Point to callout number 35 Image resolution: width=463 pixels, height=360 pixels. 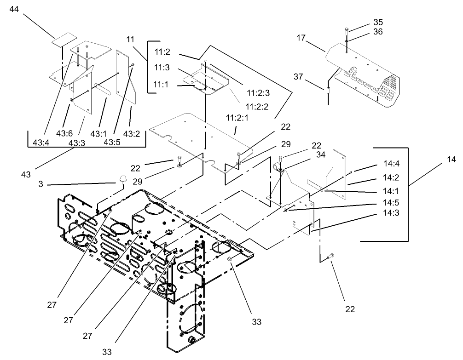pyautogui.click(x=377, y=22)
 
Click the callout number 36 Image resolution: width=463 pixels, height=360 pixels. pyautogui.click(x=377, y=32)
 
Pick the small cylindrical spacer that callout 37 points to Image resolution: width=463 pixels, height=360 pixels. pyautogui.click(x=328, y=90)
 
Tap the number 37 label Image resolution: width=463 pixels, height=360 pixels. pyautogui.click(x=298, y=76)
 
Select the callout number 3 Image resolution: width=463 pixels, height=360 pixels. pyautogui.click(x=41, y=184)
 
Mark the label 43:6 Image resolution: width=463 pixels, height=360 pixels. pyautogui.click(x=64, y=134)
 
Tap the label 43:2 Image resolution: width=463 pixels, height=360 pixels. pyautogui.click(x=132, y=134)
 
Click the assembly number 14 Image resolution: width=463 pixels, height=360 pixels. pyautogui.click(x=451, y=160)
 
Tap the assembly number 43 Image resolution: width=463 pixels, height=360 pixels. pyautogui.click(x=26, y=175)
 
